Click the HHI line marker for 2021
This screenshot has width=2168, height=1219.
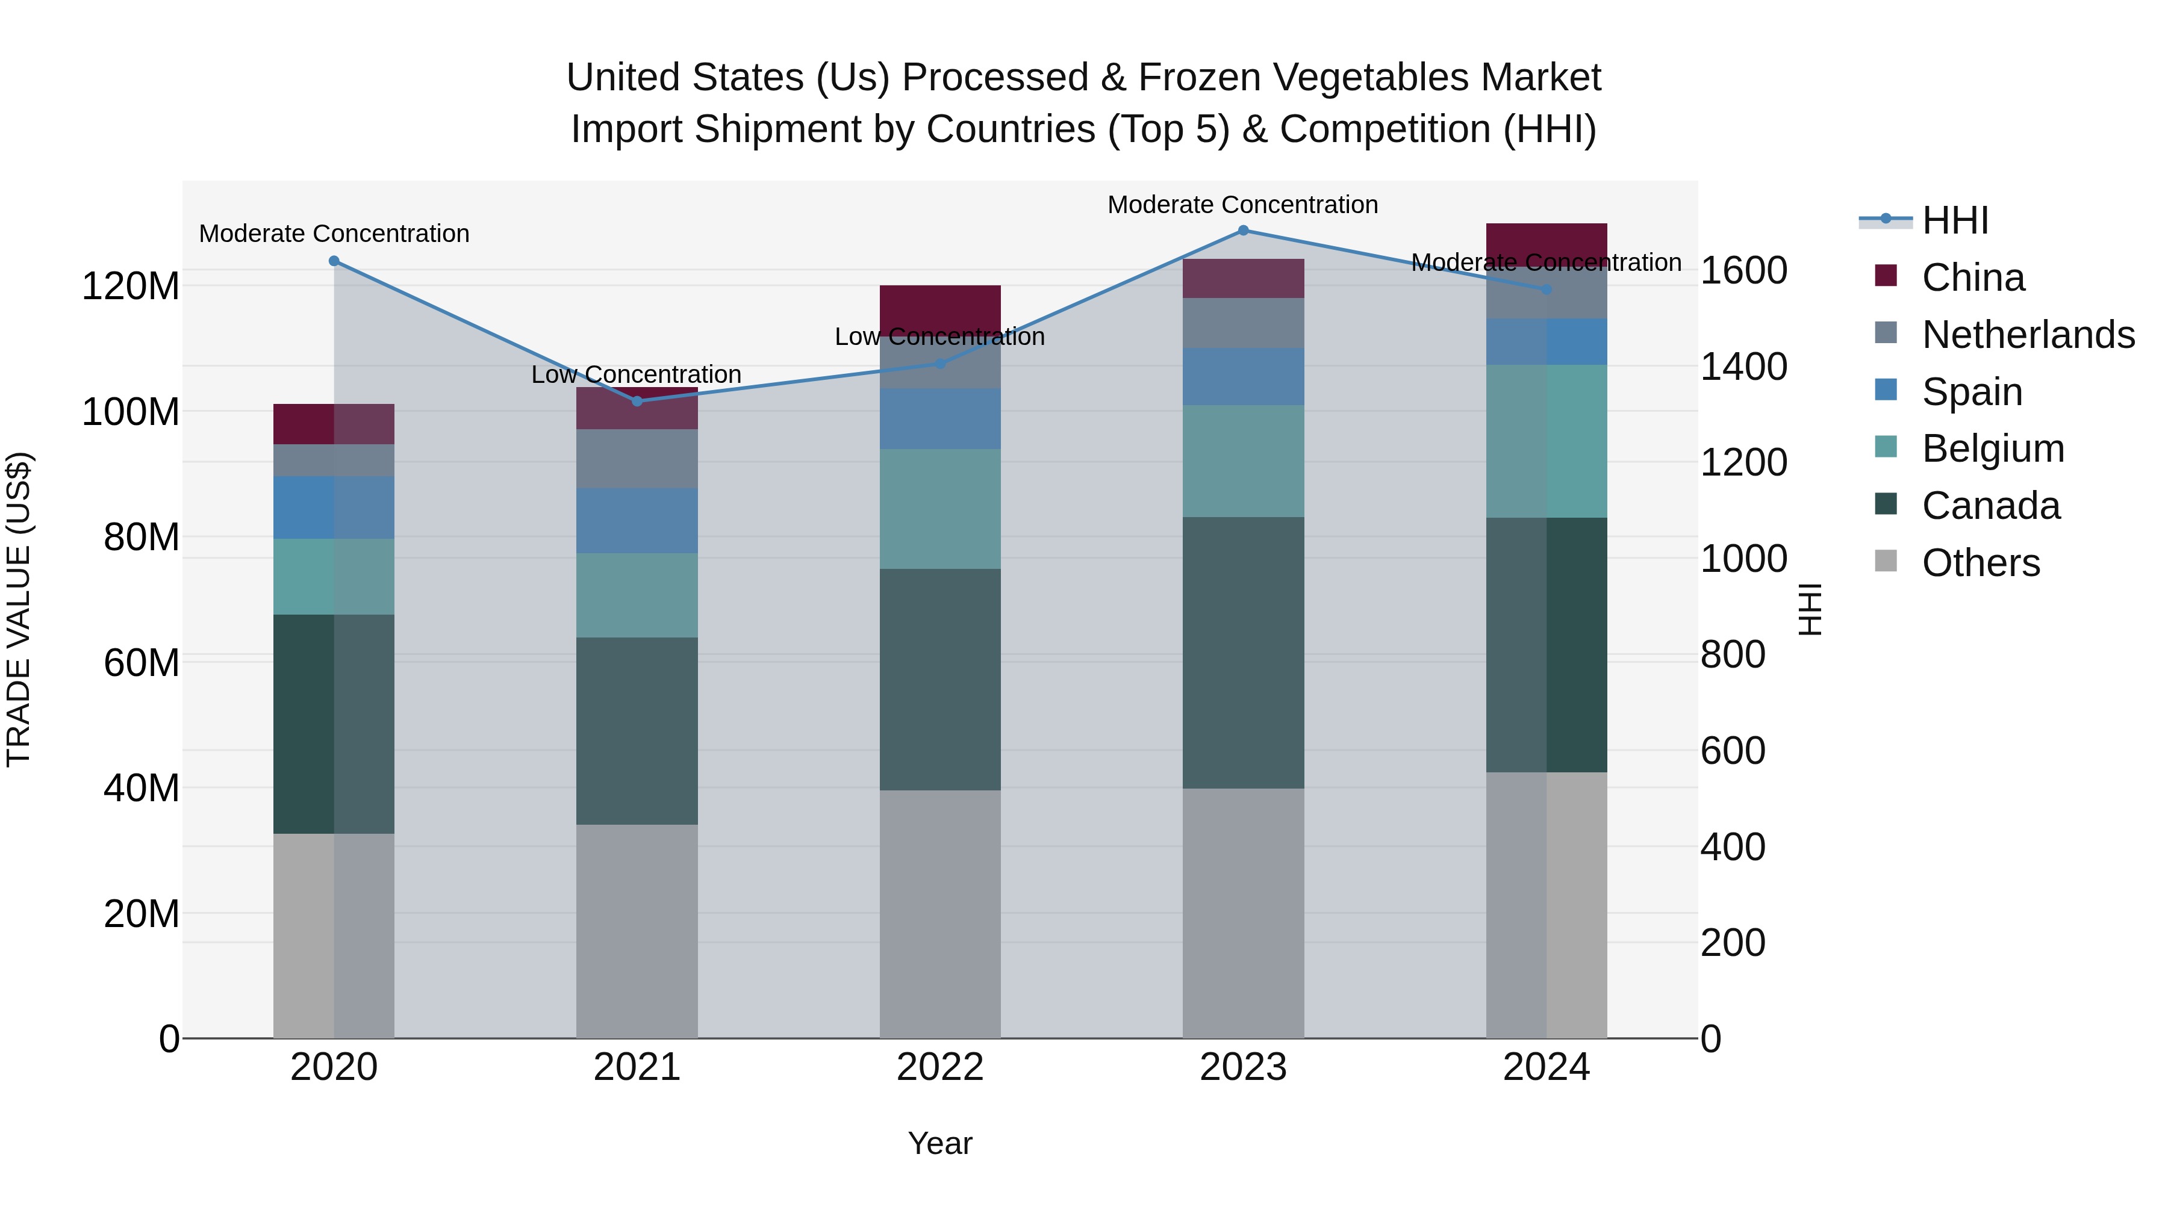(x=637, y=402)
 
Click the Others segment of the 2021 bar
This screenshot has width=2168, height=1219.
(x=637, y=931)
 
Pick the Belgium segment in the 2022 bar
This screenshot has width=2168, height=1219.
(x=940, y=508)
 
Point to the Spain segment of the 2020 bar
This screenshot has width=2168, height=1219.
(x=334, y=507)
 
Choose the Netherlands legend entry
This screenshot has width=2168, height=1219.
(x=2028, y=335)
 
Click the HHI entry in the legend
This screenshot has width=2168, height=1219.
(x=1955, y=220)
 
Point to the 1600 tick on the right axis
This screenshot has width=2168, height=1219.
(x=1744, y=271)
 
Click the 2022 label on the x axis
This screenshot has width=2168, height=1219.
(x=940, y=1067)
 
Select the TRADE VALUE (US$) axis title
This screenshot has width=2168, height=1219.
(x=19, y=609)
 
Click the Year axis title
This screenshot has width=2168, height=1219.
(x=940, y=1143)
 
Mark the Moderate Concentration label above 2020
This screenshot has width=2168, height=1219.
(x=334, y=234)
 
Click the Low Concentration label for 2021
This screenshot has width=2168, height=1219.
(x=637, y=374)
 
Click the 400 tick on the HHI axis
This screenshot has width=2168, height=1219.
(x=1733, y=847)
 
